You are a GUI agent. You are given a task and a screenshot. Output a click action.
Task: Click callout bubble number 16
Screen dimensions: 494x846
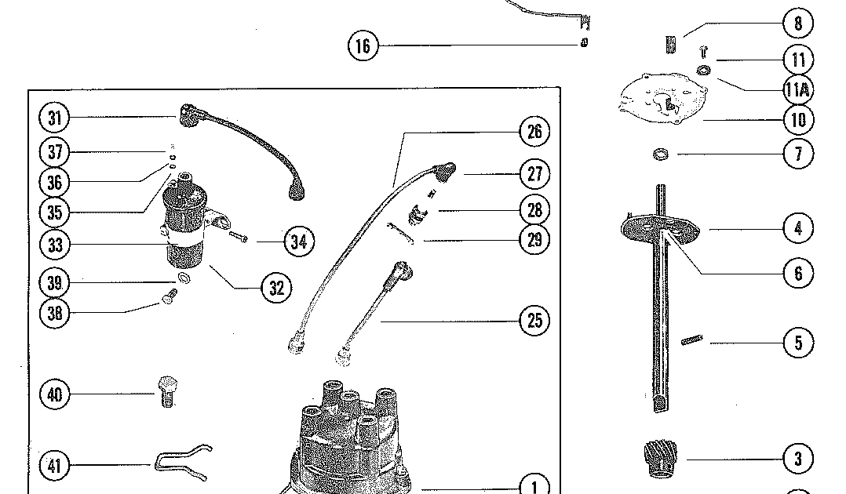(363, 45)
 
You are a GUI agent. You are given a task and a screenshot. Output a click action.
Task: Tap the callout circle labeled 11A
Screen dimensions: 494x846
(797, 90)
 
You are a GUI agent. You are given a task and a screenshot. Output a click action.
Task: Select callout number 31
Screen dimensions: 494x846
(54, 118)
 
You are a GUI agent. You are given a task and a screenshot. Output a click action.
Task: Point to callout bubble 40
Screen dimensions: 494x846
(54, 394)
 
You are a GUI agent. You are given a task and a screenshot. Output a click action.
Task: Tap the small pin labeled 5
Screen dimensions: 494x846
(691, 340)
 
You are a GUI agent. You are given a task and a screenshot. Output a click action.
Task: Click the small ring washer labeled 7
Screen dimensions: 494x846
(661, 154)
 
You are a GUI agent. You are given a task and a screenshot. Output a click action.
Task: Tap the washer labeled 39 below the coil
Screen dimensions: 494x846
(184, 280)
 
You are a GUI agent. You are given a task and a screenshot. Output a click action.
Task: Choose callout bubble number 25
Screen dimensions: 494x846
(534, 321)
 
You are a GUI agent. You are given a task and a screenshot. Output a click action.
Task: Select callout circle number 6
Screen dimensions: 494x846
(798, 273)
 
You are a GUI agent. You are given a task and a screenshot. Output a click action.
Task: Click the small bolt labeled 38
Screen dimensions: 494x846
(170, 296)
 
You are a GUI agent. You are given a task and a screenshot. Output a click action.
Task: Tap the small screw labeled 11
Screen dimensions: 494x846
(703, 53)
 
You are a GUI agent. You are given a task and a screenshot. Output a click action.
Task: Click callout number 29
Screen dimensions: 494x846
(534, 239)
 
